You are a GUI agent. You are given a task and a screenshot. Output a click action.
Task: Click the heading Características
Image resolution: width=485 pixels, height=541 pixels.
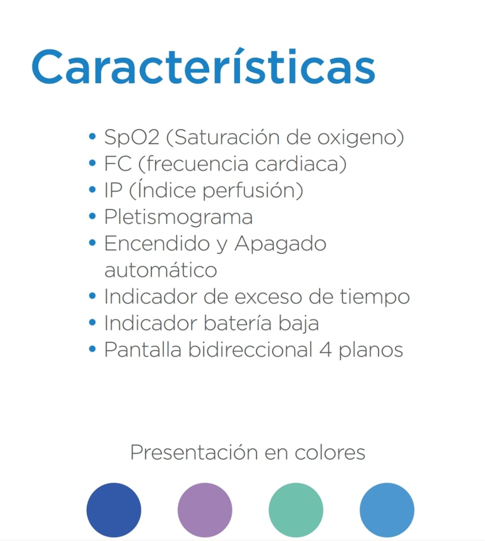coord(203,67)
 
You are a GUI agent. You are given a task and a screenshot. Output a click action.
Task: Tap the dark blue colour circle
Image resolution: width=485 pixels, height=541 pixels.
coord(114,510)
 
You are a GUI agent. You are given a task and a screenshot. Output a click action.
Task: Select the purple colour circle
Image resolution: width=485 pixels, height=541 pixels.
coord(205,510)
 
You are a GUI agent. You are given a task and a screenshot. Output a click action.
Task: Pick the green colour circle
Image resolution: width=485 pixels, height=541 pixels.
coord(296,510)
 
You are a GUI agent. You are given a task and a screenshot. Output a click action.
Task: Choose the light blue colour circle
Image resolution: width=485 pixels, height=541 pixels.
coord(387,510)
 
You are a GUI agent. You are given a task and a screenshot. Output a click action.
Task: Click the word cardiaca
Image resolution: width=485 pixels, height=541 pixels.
coord(299,164)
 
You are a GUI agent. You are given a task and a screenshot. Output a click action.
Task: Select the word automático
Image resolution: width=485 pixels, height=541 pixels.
coord(161,270)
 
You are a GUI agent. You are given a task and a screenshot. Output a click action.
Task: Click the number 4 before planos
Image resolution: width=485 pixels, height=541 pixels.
coord(325,350)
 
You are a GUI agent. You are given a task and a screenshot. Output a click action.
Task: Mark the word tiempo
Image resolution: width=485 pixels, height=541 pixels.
coord(375,297)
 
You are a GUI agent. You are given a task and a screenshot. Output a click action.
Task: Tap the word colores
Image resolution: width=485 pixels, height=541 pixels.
coord(330,452)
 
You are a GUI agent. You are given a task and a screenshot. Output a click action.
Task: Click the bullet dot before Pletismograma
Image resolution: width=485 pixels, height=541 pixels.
coord(92,216)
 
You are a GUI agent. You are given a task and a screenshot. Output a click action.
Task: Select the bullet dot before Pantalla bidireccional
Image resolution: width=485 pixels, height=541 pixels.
coord(92,349)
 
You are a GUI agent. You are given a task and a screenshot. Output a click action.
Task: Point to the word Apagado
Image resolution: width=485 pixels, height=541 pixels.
coord(281,244)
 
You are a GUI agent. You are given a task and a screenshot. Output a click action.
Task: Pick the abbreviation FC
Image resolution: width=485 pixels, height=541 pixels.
coord(118,164)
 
